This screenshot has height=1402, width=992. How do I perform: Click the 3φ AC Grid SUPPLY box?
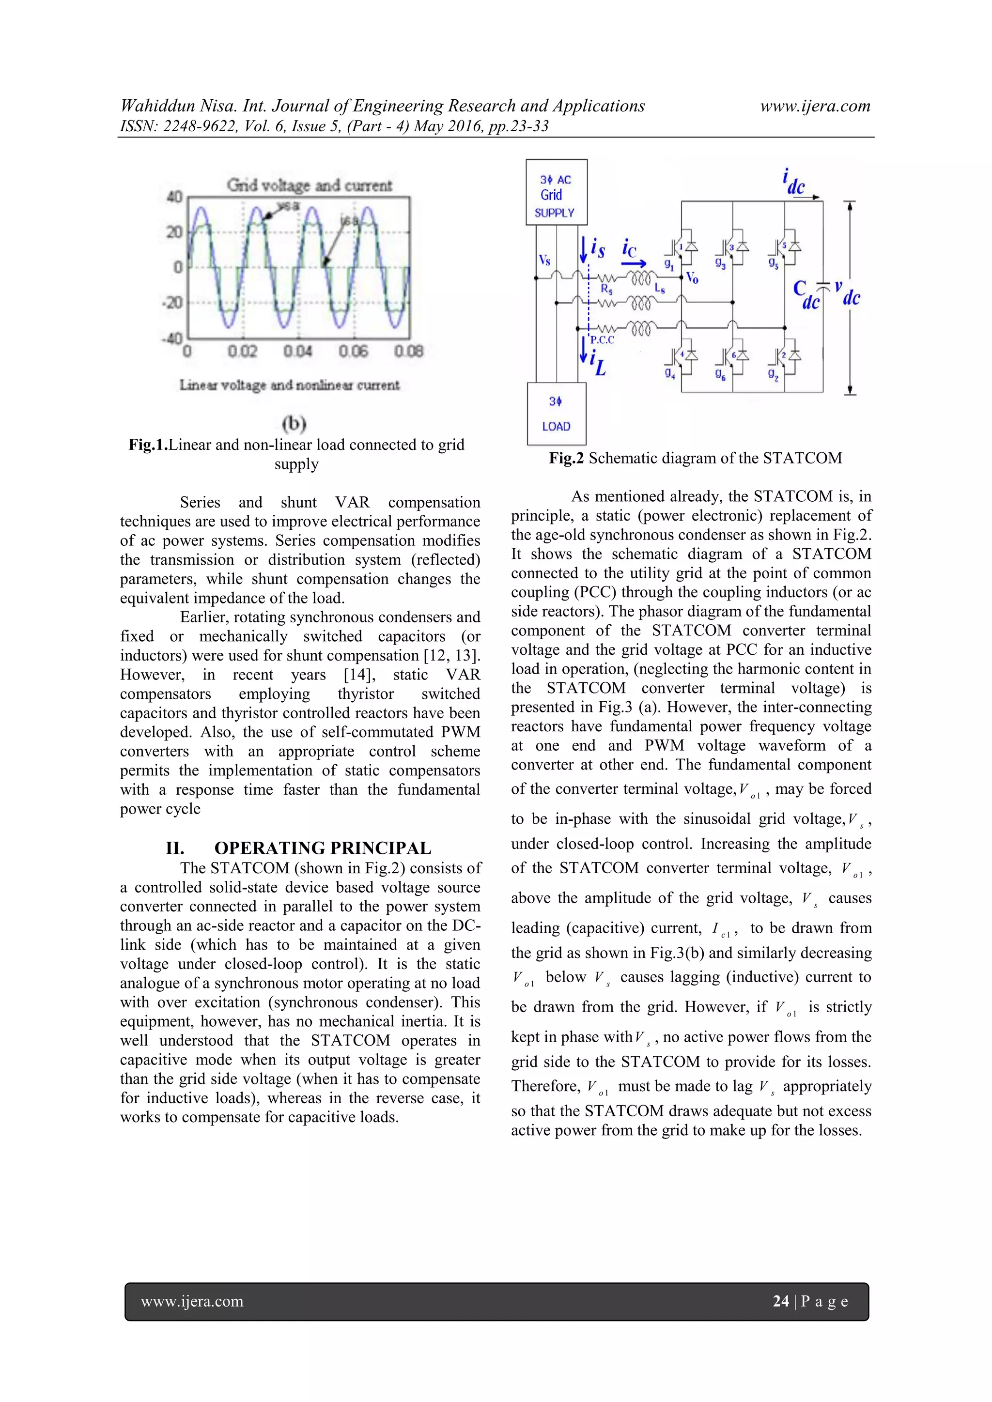(x=557, y=193)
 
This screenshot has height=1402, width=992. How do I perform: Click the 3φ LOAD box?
(x=556, y=414)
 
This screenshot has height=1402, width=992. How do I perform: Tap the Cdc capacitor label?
(x=807, y=295)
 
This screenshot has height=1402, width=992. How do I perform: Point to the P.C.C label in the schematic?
(x=602, y=340)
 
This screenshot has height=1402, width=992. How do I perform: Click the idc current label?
(x=793, y=183)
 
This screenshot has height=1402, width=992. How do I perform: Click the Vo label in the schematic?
(x=692, y=278)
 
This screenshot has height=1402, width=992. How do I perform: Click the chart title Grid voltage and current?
(x=309, y=185)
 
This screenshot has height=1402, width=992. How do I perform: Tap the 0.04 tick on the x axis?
(x=298, y=352)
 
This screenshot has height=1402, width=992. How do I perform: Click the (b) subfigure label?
(x=294, y=423)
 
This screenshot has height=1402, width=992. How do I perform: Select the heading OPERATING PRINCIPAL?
(x=323, y=848)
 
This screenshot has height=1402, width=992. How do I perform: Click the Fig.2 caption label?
(x=566, y=458)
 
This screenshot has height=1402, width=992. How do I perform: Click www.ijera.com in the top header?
(x=815, y=106)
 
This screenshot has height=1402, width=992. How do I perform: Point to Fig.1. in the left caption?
(x=148, y=445)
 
